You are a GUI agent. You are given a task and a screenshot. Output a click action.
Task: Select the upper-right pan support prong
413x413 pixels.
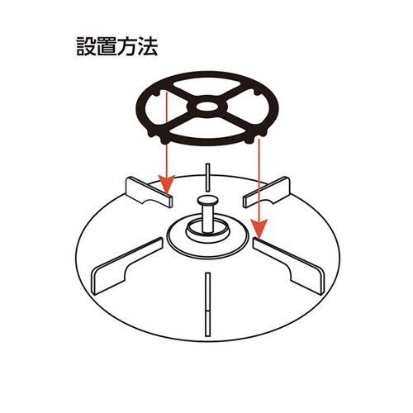click(268, 190)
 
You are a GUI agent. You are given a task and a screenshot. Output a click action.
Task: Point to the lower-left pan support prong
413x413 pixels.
click(124, 263)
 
